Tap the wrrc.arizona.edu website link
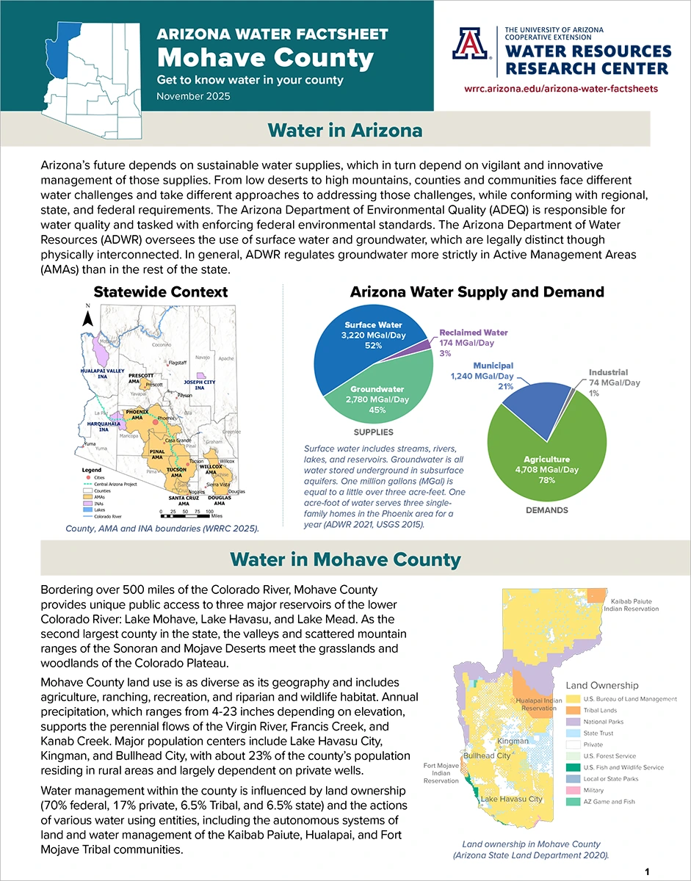pyautogui.click(x=561, y=88)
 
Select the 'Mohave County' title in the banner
pyautogui.click(x=266, y=57)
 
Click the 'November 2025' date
pyautogui.click(x=193, y=96)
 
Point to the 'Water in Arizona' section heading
pyautogui.click(x=345, y=130)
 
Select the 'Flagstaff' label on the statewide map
pyautogui.click(x=178, y=363)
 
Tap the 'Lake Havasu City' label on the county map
pyautogui.click(x=511, y=799)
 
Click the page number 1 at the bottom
pyautogui.click(x=647, y=871)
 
